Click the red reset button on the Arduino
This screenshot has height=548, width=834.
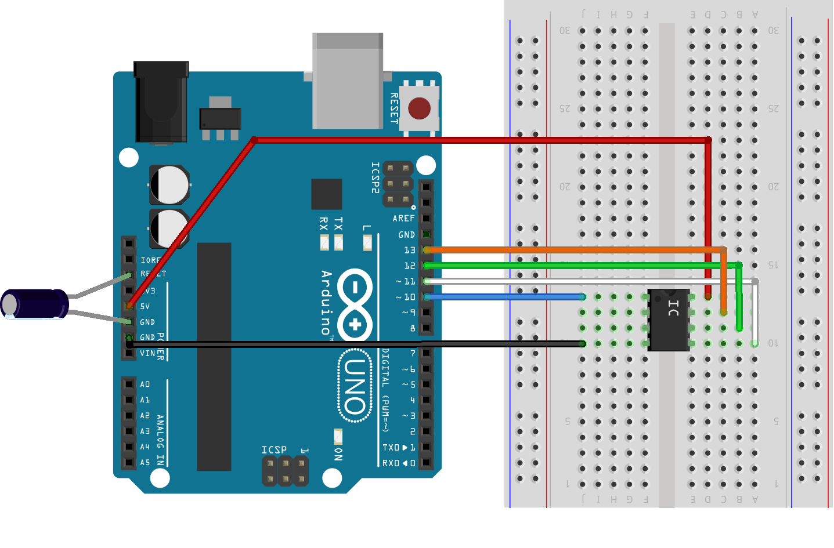[x=419, y=108]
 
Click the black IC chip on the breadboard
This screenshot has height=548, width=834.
[x=669, y=320]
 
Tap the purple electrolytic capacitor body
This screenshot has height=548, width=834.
[x=36, y=304]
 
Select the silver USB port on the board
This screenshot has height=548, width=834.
[x=347, y=81]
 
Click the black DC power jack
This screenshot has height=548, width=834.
[x=161, y=102]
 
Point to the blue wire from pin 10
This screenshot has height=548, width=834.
[x=505, y=297]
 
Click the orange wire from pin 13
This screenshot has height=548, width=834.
[x=569, y=250]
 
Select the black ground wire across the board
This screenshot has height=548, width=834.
[x=354, y=344]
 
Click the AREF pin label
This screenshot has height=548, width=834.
[x=403, y=219]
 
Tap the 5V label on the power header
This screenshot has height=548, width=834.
[x=145, y=306]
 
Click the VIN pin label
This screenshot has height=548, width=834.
[x=147, y=353]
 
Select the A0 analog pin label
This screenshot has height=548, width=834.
[x=145, y=384]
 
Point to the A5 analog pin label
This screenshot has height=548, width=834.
[x=145, y=463]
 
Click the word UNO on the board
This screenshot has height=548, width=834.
[x=355, y=386]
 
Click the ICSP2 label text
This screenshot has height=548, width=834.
[x=375, y=177]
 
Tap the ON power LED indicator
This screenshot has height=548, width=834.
[x=338, y=436]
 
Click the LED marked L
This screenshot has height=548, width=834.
[x=367, y=242]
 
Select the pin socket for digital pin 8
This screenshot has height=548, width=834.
[x=427, y=328]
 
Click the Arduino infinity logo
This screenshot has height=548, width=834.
[x=355, y=304]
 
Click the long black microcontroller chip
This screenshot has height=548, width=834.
[x=214, y=357]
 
